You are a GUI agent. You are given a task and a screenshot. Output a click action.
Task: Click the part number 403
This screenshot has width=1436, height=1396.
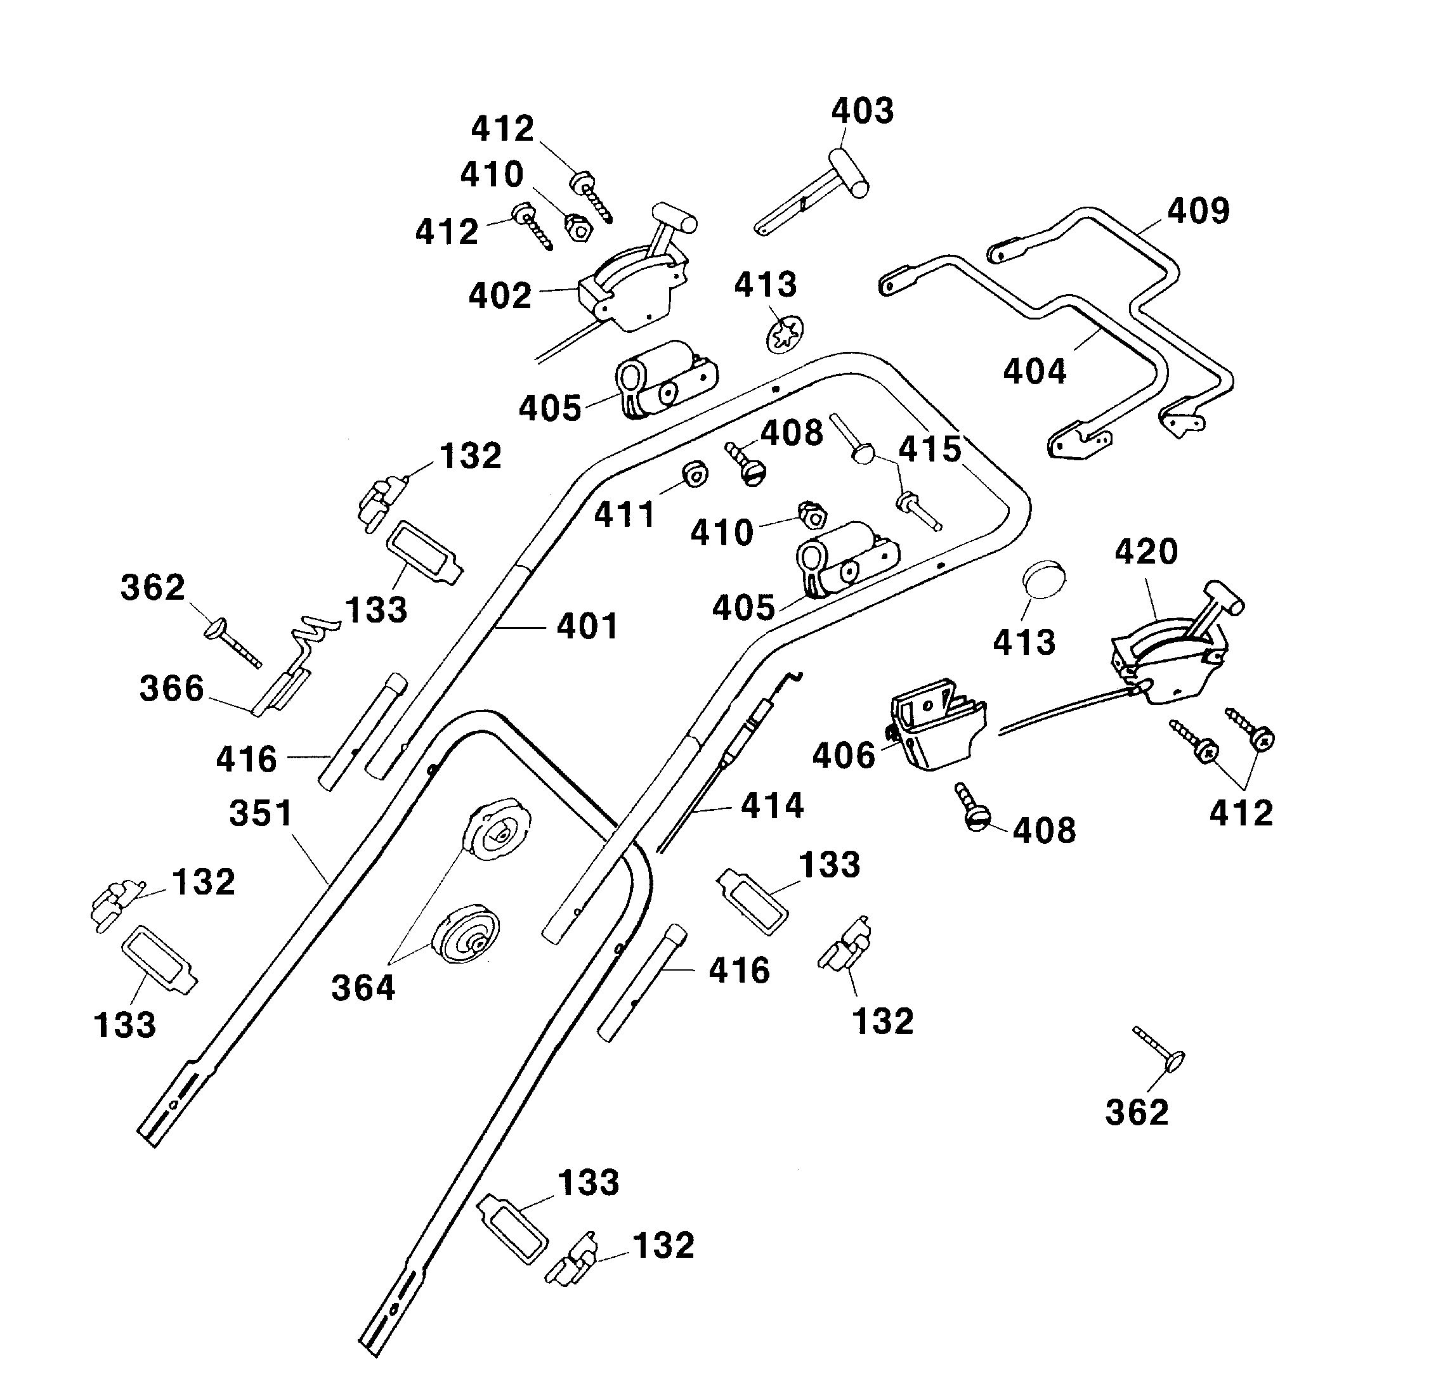[x=863, y=112]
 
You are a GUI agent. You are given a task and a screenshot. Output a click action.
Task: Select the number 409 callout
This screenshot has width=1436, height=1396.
[x=1198, y=211]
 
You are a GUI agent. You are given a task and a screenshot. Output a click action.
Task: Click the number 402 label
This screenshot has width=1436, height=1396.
[x=500, y=295]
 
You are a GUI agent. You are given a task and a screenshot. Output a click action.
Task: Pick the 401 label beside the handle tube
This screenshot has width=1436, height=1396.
[x=587, y=626]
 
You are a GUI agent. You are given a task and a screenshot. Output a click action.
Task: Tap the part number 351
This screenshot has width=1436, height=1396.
[x=261, y=813]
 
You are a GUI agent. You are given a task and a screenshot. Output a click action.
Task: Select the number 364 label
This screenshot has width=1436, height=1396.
[x=363, y=988]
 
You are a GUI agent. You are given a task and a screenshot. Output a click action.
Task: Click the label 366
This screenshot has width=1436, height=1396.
[x=172, y=688]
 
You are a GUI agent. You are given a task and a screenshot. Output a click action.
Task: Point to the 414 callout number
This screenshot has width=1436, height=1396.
[x=773, y=806]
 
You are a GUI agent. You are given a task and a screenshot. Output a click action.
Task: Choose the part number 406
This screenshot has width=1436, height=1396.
[x=844, y=755]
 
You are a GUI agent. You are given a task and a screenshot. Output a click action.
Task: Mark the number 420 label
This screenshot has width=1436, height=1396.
[x=1146, y=552]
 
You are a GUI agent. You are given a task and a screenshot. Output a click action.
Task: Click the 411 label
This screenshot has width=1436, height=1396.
[x=624, y=515]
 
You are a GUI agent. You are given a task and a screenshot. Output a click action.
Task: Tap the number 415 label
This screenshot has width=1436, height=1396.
[x=930, y=449]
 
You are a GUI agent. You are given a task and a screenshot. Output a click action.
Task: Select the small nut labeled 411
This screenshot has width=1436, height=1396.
[x=693, y=474]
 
